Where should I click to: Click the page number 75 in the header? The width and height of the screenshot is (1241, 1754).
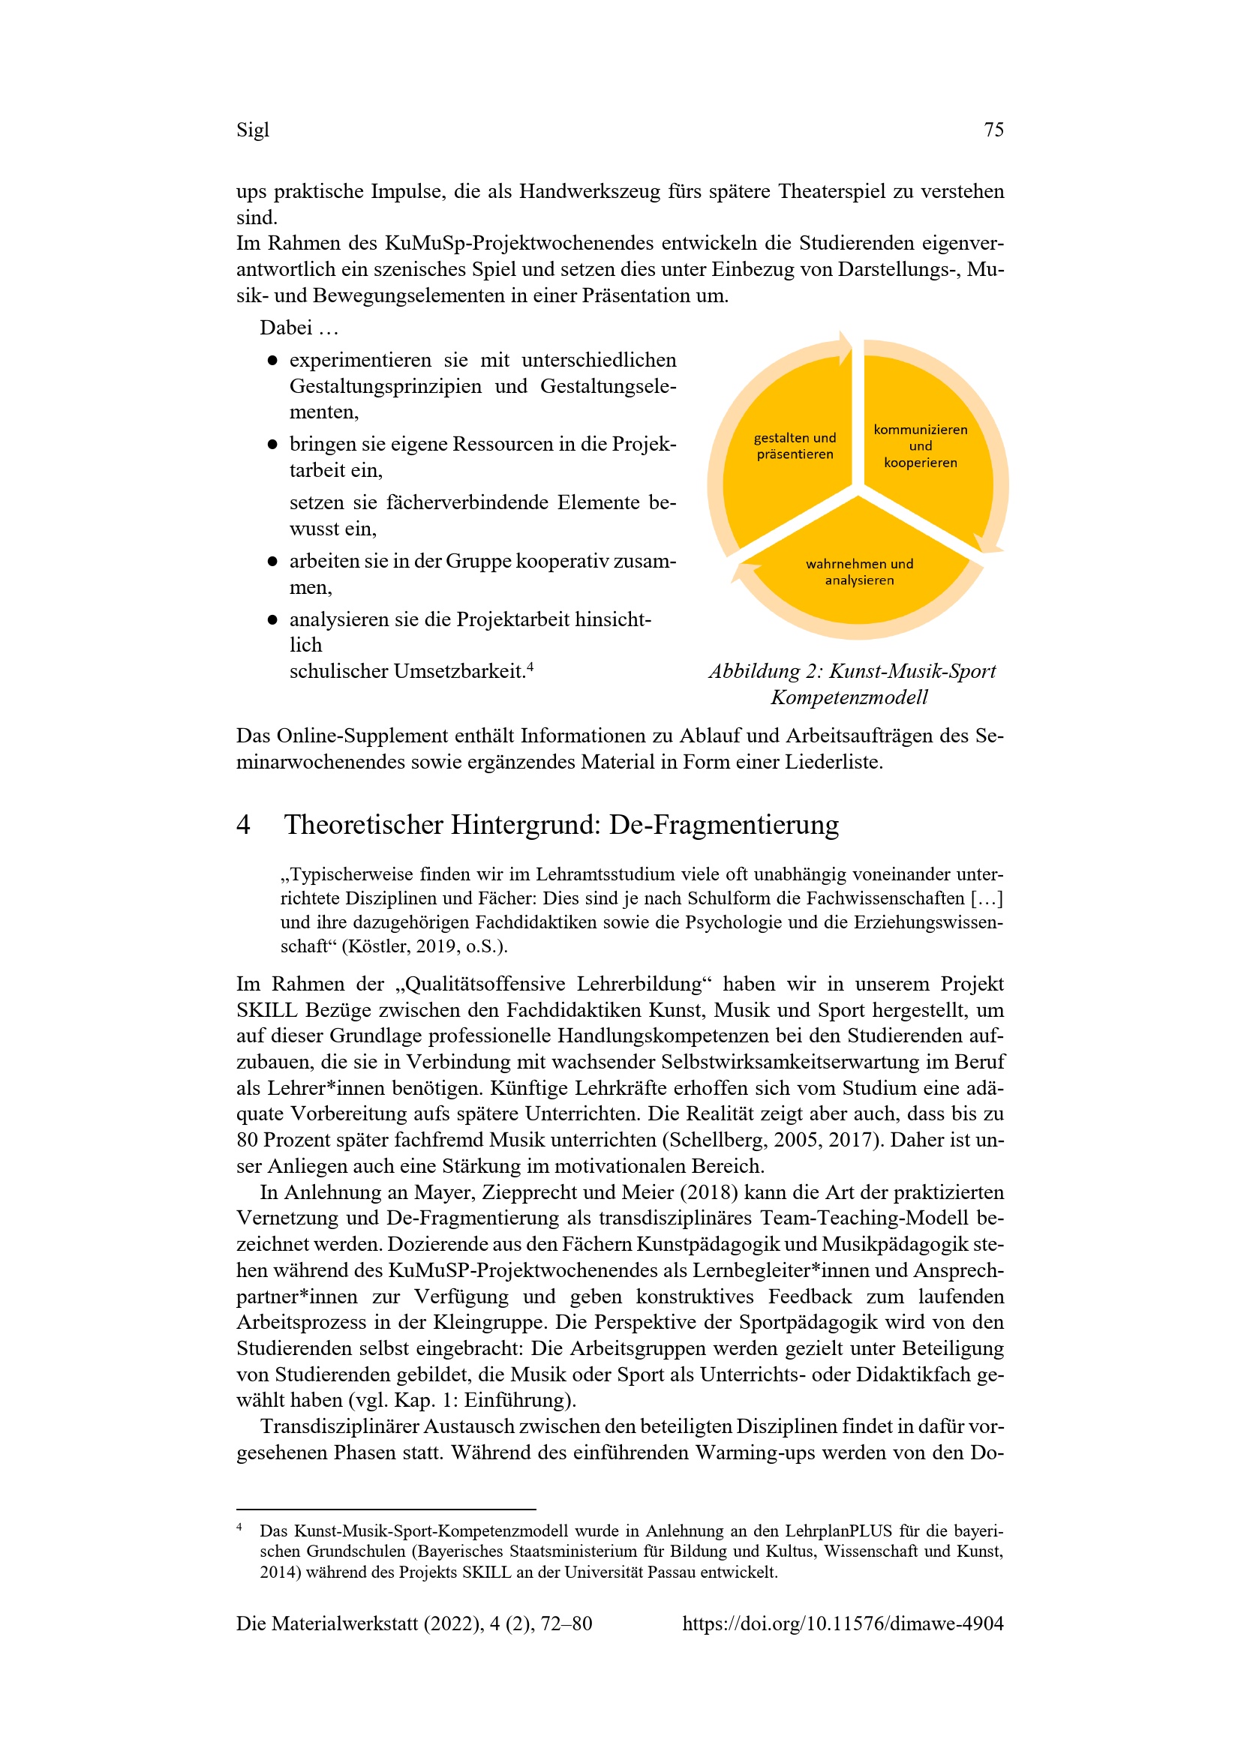pyautogui.click(x=993, y=130)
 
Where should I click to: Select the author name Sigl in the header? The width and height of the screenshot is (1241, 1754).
pyautogui.click(x=252, y=130)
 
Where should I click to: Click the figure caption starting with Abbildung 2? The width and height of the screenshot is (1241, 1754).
pyautogui.click(x=852, y=684)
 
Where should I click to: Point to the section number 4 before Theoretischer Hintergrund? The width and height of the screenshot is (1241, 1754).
pyautogui.click(x=243, y=825)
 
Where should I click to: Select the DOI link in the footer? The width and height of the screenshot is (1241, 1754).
pyautogui.click(x=842, y=1624)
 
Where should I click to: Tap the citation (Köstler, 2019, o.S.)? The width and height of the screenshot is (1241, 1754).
pyautogui.click(x=424, y=946)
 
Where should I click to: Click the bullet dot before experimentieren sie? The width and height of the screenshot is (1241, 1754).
pyautogui.click(x=272, y=361)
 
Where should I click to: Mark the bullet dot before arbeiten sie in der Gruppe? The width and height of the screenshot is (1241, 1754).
pyautogui.click(x=272, y=562)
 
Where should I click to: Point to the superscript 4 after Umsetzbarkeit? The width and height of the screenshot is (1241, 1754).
pyautogui.click(x=530, y=667)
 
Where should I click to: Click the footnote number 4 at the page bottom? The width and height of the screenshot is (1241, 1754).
pyautogui.click(x=240, y=1526)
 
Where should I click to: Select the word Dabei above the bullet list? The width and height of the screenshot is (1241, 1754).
pyautogui.click(x=286, y=328)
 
